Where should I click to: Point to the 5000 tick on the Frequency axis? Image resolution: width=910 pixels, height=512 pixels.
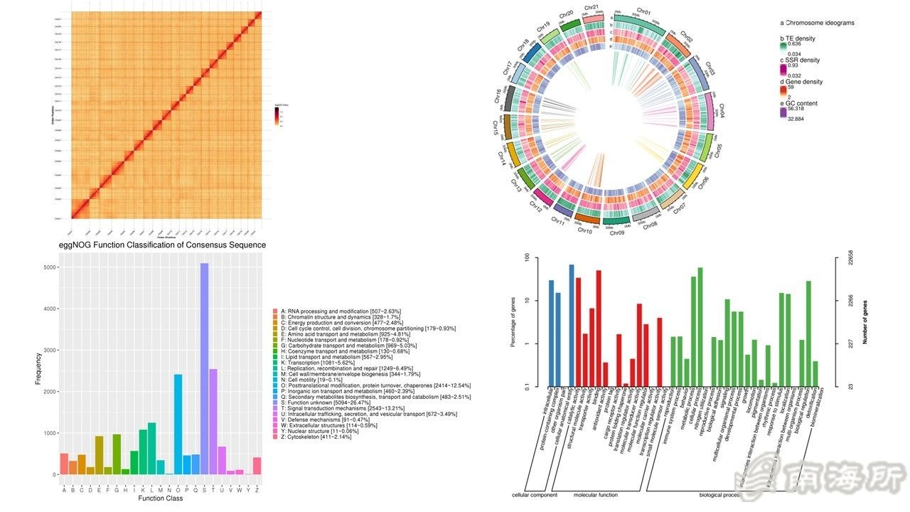pos(44,267)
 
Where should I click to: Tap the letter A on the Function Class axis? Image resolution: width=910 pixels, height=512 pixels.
pos(64,489)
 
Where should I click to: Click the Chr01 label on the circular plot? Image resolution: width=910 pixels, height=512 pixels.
pos(644,11)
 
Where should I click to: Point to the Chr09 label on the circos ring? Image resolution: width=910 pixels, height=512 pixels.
pos(617,233)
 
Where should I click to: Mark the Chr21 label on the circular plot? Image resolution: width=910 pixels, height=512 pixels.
pos(591,9)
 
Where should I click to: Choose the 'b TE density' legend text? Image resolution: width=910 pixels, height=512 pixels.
pos(798,38)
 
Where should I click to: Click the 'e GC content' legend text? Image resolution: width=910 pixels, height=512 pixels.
pos(798,103)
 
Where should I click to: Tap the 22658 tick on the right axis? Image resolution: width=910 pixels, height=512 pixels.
pos(851,260)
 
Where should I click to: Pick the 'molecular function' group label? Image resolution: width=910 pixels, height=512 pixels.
pos(596,495)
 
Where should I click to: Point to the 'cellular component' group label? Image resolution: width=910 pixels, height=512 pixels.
pos(535,495)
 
